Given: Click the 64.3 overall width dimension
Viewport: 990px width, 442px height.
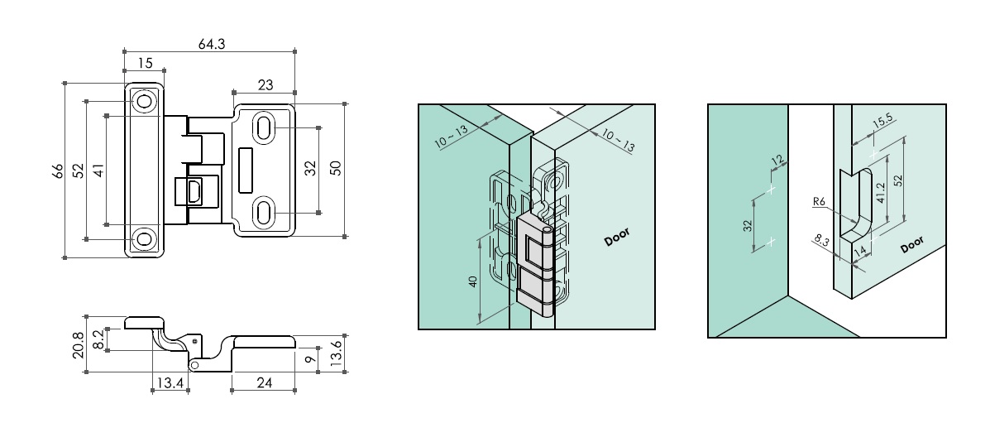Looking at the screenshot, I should point(212,44).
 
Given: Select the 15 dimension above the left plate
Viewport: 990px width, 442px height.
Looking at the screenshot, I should point(145,63).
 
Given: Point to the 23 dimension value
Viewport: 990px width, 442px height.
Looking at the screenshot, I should point(265,84).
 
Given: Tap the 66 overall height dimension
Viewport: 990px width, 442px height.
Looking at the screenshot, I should point(57,171).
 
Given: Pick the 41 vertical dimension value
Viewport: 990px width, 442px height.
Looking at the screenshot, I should point(98,171).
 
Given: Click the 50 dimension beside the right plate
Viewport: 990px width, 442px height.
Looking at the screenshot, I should point(336,169).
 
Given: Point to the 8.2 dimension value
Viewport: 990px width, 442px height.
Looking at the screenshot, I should point(98,339).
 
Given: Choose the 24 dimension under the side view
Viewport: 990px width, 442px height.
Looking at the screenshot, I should point(264,382).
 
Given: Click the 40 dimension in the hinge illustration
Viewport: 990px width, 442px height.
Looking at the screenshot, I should point(472,281).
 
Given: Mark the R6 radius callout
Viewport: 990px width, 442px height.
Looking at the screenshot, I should point(819,200).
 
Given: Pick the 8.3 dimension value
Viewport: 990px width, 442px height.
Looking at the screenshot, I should point(820,242).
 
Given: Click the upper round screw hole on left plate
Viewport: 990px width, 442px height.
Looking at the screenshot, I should point(145,102).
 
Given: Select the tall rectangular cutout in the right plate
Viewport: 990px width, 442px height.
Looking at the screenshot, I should point(245,169).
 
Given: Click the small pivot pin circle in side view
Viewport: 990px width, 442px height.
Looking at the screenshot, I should point(194,364).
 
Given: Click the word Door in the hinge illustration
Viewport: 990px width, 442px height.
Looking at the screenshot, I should point(617,237).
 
